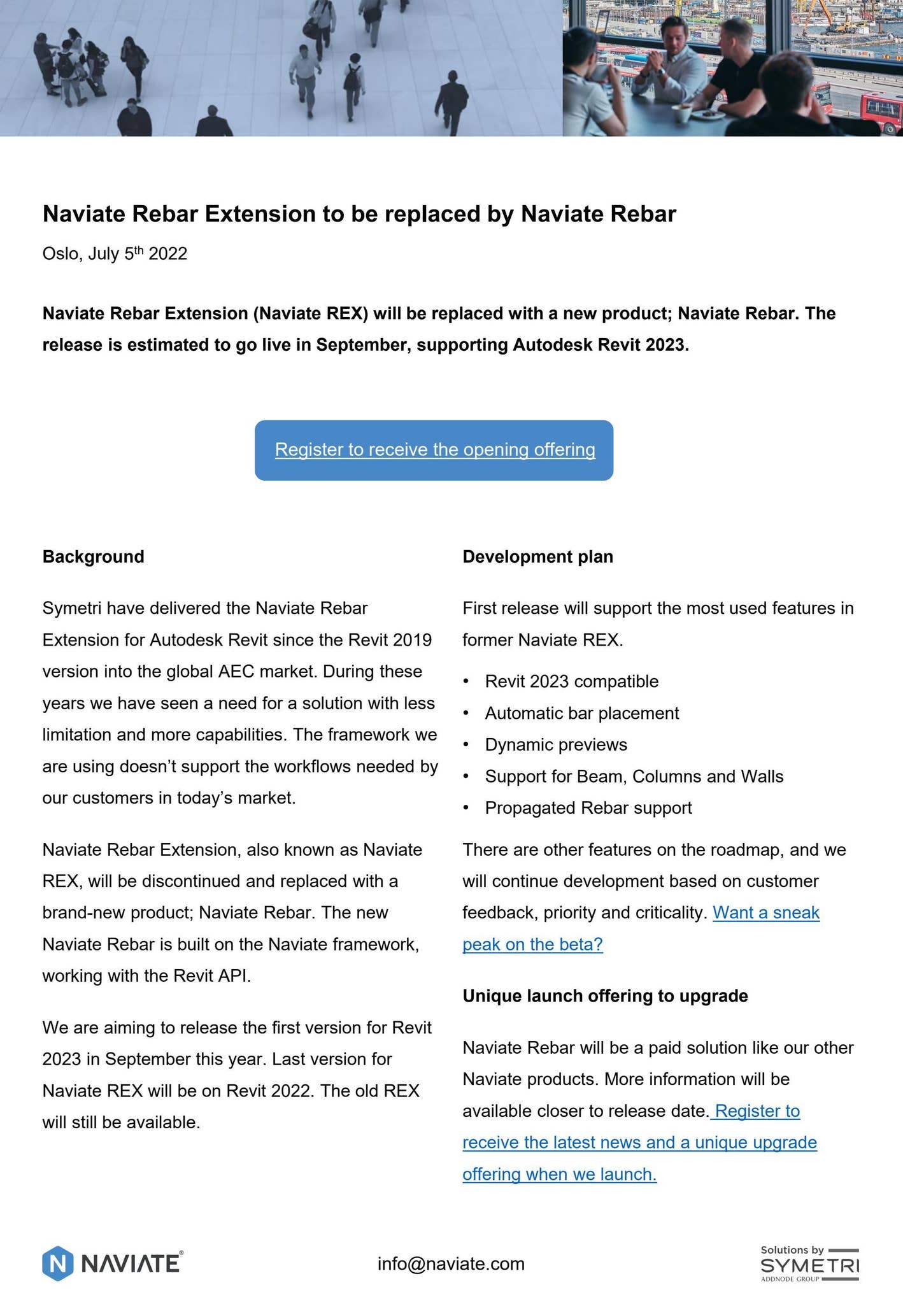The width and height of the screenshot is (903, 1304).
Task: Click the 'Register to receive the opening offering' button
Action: pyautogui.click(x=434, y=450)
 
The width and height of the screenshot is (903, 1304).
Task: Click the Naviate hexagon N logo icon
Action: pyautogui.click(x=57, y=1263)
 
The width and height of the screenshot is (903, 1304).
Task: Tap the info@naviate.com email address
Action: pyautogui.click(x=451, y=1264)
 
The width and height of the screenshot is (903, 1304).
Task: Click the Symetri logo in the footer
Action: pyautogui.click(x=809, y=1264)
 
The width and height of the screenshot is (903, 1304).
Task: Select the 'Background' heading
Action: pyautogui.click(x=94, y=557)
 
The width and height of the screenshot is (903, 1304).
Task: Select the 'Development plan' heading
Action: pyautogui.click(x=537, y=557)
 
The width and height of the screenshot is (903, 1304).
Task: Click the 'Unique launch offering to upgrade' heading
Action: pyautogui.click(x=605, y=996)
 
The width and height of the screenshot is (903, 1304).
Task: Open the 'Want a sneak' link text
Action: pyautogui.click(x=766, y=913)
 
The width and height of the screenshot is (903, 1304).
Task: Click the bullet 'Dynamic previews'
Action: pyautogui.click(x=556, y=745)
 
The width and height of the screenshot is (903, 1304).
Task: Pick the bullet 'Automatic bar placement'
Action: pyautogui.click(x=582, y=713)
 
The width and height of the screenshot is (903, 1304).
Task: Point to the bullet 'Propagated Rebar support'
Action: pyautogui.click(x=588, y=808)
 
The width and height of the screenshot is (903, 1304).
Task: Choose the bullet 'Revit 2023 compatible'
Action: pyautogui.click(x=572, y=682)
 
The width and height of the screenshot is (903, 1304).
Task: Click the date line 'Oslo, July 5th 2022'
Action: pyautogui.click(x=115, y=254)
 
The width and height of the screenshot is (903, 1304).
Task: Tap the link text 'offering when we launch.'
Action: pyautogui.click(x=559, y=1174)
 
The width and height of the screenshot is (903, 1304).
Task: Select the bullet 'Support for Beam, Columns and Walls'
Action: pyautogui.click(x=634, y=777)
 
